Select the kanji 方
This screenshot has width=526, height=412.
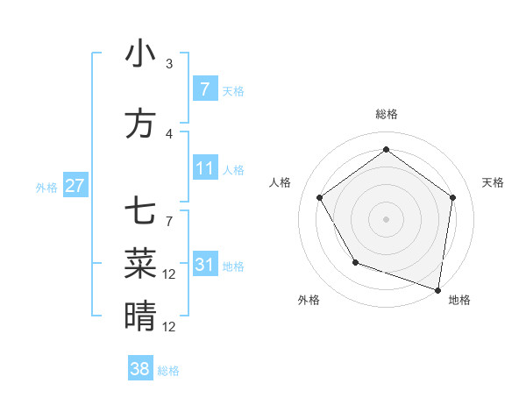click(140, 124)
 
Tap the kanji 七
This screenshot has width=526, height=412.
click(140, 213)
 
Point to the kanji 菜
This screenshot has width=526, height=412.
click(140, 262)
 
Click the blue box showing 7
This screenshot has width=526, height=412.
click(204, 89)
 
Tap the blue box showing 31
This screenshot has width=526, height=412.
click(204, 264)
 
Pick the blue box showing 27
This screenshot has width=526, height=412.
click(75, 186)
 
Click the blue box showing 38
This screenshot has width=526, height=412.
click(140, 369)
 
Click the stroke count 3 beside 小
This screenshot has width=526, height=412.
click(168, 64)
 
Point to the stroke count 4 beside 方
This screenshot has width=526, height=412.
click(168, 134)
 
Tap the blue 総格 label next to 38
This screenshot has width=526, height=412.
click(168, 371)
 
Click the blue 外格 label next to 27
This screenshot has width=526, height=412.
click(46, 187)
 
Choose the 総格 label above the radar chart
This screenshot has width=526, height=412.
click(386, 114)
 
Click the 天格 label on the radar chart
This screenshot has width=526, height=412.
click(493, 182)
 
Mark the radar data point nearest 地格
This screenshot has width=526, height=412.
click(437, 289)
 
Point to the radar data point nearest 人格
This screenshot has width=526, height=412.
click(319, 197)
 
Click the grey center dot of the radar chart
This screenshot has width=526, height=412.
click(386, 218)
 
